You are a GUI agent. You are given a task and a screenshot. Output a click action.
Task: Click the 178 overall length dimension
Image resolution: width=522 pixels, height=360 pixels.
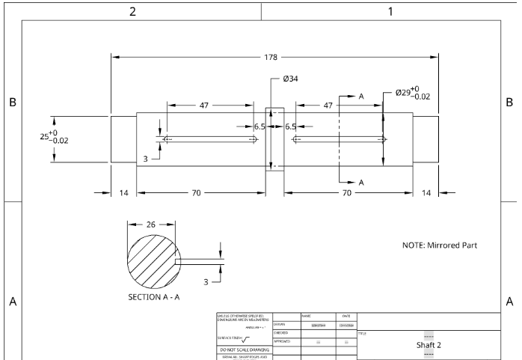[274, 56]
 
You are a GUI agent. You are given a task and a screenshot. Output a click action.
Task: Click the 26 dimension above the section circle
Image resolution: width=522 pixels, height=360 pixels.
[150, 224]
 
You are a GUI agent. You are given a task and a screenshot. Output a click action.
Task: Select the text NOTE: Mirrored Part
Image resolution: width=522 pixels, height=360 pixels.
[439, 245]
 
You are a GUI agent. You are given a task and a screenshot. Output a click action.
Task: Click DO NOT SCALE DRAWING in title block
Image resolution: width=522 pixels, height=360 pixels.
[244, 350]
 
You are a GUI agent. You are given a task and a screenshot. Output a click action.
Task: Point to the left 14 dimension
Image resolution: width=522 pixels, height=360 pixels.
[123, 193]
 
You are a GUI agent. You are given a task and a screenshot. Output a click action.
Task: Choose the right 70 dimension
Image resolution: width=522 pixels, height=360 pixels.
[348, 193]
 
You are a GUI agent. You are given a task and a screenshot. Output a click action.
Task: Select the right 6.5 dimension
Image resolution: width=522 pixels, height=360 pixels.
[290, 126]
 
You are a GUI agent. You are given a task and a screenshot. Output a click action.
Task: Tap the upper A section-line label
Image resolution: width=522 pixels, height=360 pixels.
[361, 97]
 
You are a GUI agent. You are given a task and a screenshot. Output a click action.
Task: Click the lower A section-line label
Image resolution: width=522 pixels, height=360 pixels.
[361, 182]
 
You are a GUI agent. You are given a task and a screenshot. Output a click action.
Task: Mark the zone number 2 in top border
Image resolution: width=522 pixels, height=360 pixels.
[132, 11]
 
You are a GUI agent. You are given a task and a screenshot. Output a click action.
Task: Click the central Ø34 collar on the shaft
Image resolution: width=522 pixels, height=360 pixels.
[274, 138]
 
